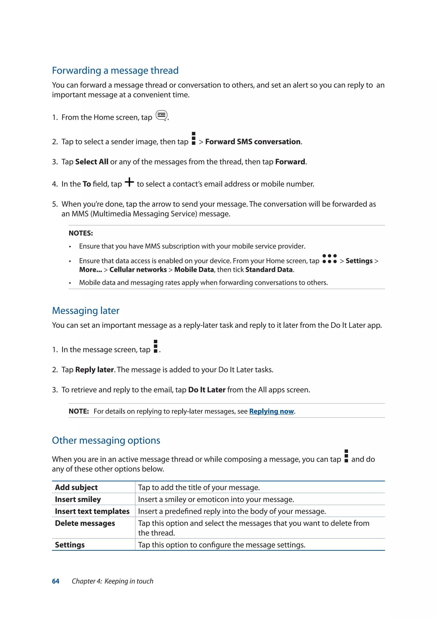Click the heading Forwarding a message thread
(115, 70)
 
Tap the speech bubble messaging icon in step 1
(162, 116)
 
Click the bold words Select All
(92, 162)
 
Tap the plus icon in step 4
(130, 182)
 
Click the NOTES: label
(81, 233)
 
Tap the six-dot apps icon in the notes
(329, 259)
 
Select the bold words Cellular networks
(138, 270)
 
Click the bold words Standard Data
(269, 270)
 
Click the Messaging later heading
(86, 311)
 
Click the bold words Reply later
(95, 370)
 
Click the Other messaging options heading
(106, 440)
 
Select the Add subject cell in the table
(76, 487)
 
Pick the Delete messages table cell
(85, 523)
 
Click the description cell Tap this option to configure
(221, 545)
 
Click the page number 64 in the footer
(56, 581)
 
